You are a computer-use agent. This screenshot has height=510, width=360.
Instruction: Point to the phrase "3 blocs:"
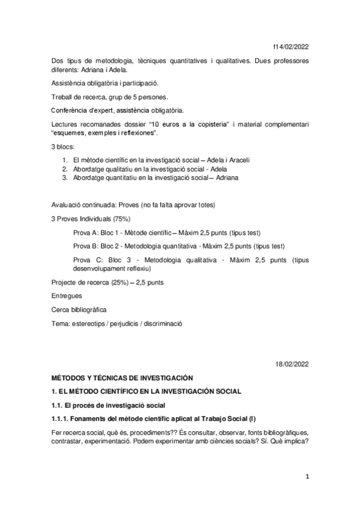65,147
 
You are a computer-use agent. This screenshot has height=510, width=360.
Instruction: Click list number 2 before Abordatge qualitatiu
65,170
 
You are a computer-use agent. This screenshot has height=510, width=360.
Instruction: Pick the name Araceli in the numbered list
237,161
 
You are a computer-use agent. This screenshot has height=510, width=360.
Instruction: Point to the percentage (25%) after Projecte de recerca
123,282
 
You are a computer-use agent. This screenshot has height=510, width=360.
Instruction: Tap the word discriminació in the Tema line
160,323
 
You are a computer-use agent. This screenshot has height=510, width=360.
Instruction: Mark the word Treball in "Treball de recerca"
63,97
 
